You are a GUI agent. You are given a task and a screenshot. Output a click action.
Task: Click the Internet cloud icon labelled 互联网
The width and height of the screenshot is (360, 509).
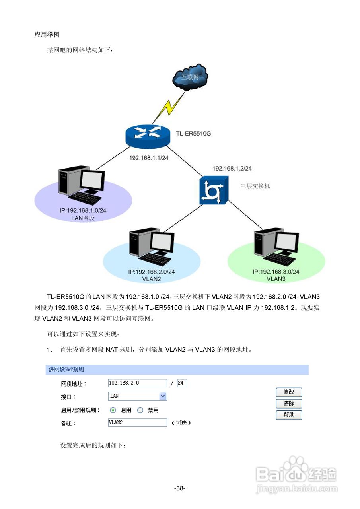click(190, 77)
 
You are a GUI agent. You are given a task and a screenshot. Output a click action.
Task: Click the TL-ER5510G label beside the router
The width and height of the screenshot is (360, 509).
click(193, 134)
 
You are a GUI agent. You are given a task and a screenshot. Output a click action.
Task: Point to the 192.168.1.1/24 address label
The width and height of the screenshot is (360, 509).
click(149, 158)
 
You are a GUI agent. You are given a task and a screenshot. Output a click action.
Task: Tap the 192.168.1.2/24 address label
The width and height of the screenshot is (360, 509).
click(232, 169)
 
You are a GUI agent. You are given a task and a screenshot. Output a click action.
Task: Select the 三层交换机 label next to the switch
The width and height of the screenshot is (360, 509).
click(255, 186)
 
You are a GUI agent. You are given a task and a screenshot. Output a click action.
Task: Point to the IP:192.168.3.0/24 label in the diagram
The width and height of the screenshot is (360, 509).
click(276, 272)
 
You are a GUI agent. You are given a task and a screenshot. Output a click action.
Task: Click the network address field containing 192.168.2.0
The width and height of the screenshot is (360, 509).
click(138, 383)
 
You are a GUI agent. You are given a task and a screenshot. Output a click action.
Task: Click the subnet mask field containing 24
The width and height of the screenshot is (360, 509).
click(182, 383)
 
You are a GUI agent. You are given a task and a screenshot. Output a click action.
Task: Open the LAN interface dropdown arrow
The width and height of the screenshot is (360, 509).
click(162, 396)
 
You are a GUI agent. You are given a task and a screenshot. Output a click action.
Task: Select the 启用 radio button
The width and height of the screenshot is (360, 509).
click(113, 410)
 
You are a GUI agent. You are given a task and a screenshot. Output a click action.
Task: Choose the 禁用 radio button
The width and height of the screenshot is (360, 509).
click(140, 410)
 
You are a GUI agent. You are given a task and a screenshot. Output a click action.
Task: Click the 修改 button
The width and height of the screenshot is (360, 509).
click(289, 392)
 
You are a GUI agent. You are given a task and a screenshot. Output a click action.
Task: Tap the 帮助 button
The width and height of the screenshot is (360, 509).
click(289, 415)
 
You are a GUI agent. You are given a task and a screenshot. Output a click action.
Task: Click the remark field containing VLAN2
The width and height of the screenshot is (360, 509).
click(138, 422)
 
